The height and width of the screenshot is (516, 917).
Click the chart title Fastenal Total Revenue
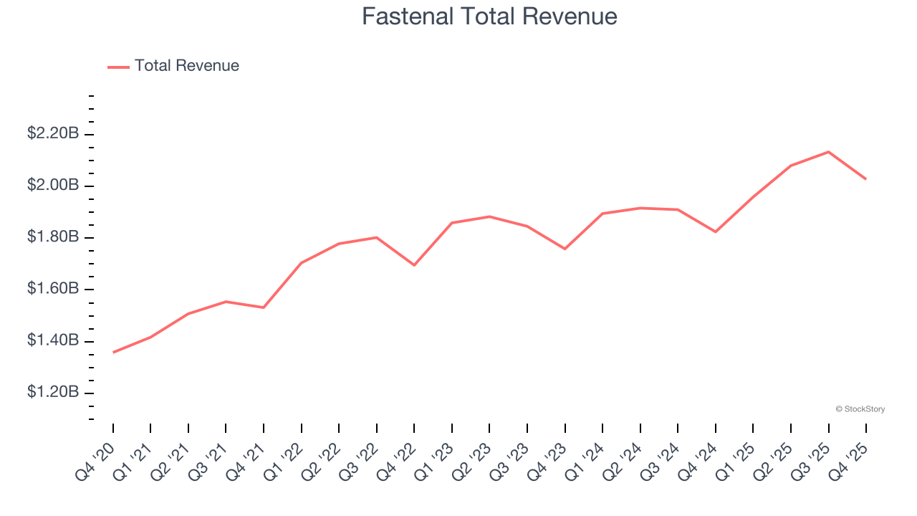[489, 16]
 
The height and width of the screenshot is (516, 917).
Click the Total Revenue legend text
[186, 66]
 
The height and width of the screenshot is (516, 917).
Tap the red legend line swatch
[118, 67]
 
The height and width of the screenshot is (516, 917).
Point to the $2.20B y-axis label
[53, 133]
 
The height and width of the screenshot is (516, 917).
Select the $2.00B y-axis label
[53, 185]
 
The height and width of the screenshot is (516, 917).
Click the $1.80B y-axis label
[53, 236]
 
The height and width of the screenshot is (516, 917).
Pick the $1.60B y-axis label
[53, 288]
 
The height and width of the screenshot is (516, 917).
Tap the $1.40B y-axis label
[53, 340]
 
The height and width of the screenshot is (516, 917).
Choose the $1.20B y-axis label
[53, 392]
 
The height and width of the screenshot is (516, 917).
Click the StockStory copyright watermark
[860, 409]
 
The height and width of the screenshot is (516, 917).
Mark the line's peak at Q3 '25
[828, 152]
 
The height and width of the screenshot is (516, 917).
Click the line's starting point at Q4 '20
[113, 353]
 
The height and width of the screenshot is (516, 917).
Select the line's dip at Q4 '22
[414, 265]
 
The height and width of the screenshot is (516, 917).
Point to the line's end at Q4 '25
[866, 179]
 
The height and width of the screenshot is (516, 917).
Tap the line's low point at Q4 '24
[716, 231]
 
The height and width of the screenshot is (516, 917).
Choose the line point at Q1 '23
[452, 223]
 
